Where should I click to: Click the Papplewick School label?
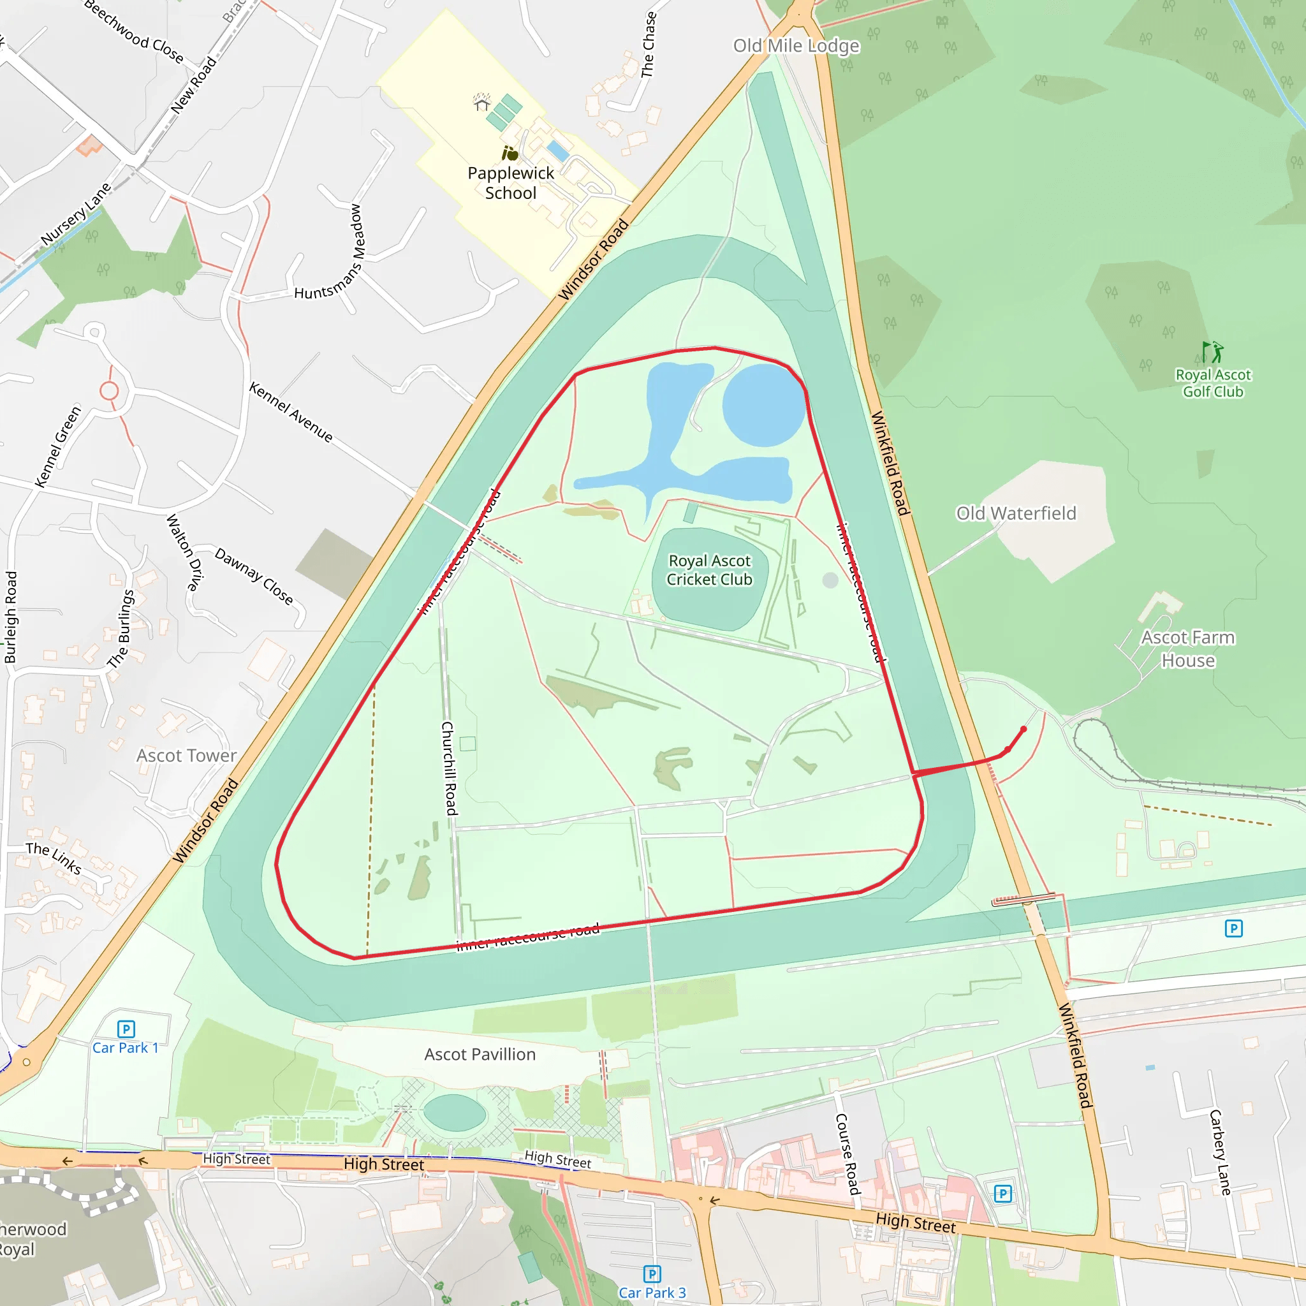[510, 183]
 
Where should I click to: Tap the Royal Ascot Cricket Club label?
[709, 570]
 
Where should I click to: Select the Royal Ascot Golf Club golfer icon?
[1213, 352]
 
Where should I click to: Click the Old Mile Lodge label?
[796, 46]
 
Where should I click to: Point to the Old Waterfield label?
[1015, 514]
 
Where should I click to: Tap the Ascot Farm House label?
[1187, 649]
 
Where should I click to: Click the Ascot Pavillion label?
[480, 1055]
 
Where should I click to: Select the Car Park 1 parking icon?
[126, 1029]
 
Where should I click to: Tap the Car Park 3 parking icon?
[652, 1274]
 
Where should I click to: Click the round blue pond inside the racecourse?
[764, 405]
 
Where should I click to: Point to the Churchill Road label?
[449, 768]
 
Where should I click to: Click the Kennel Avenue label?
[291, 413]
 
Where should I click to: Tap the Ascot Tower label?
[187, 756]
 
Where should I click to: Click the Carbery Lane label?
[1220, 1152]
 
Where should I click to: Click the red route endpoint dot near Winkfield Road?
[1024, 730]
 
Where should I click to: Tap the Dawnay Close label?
[254, 576]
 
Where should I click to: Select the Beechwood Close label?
[133, 31]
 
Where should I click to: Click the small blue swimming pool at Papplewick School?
[558, 151]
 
